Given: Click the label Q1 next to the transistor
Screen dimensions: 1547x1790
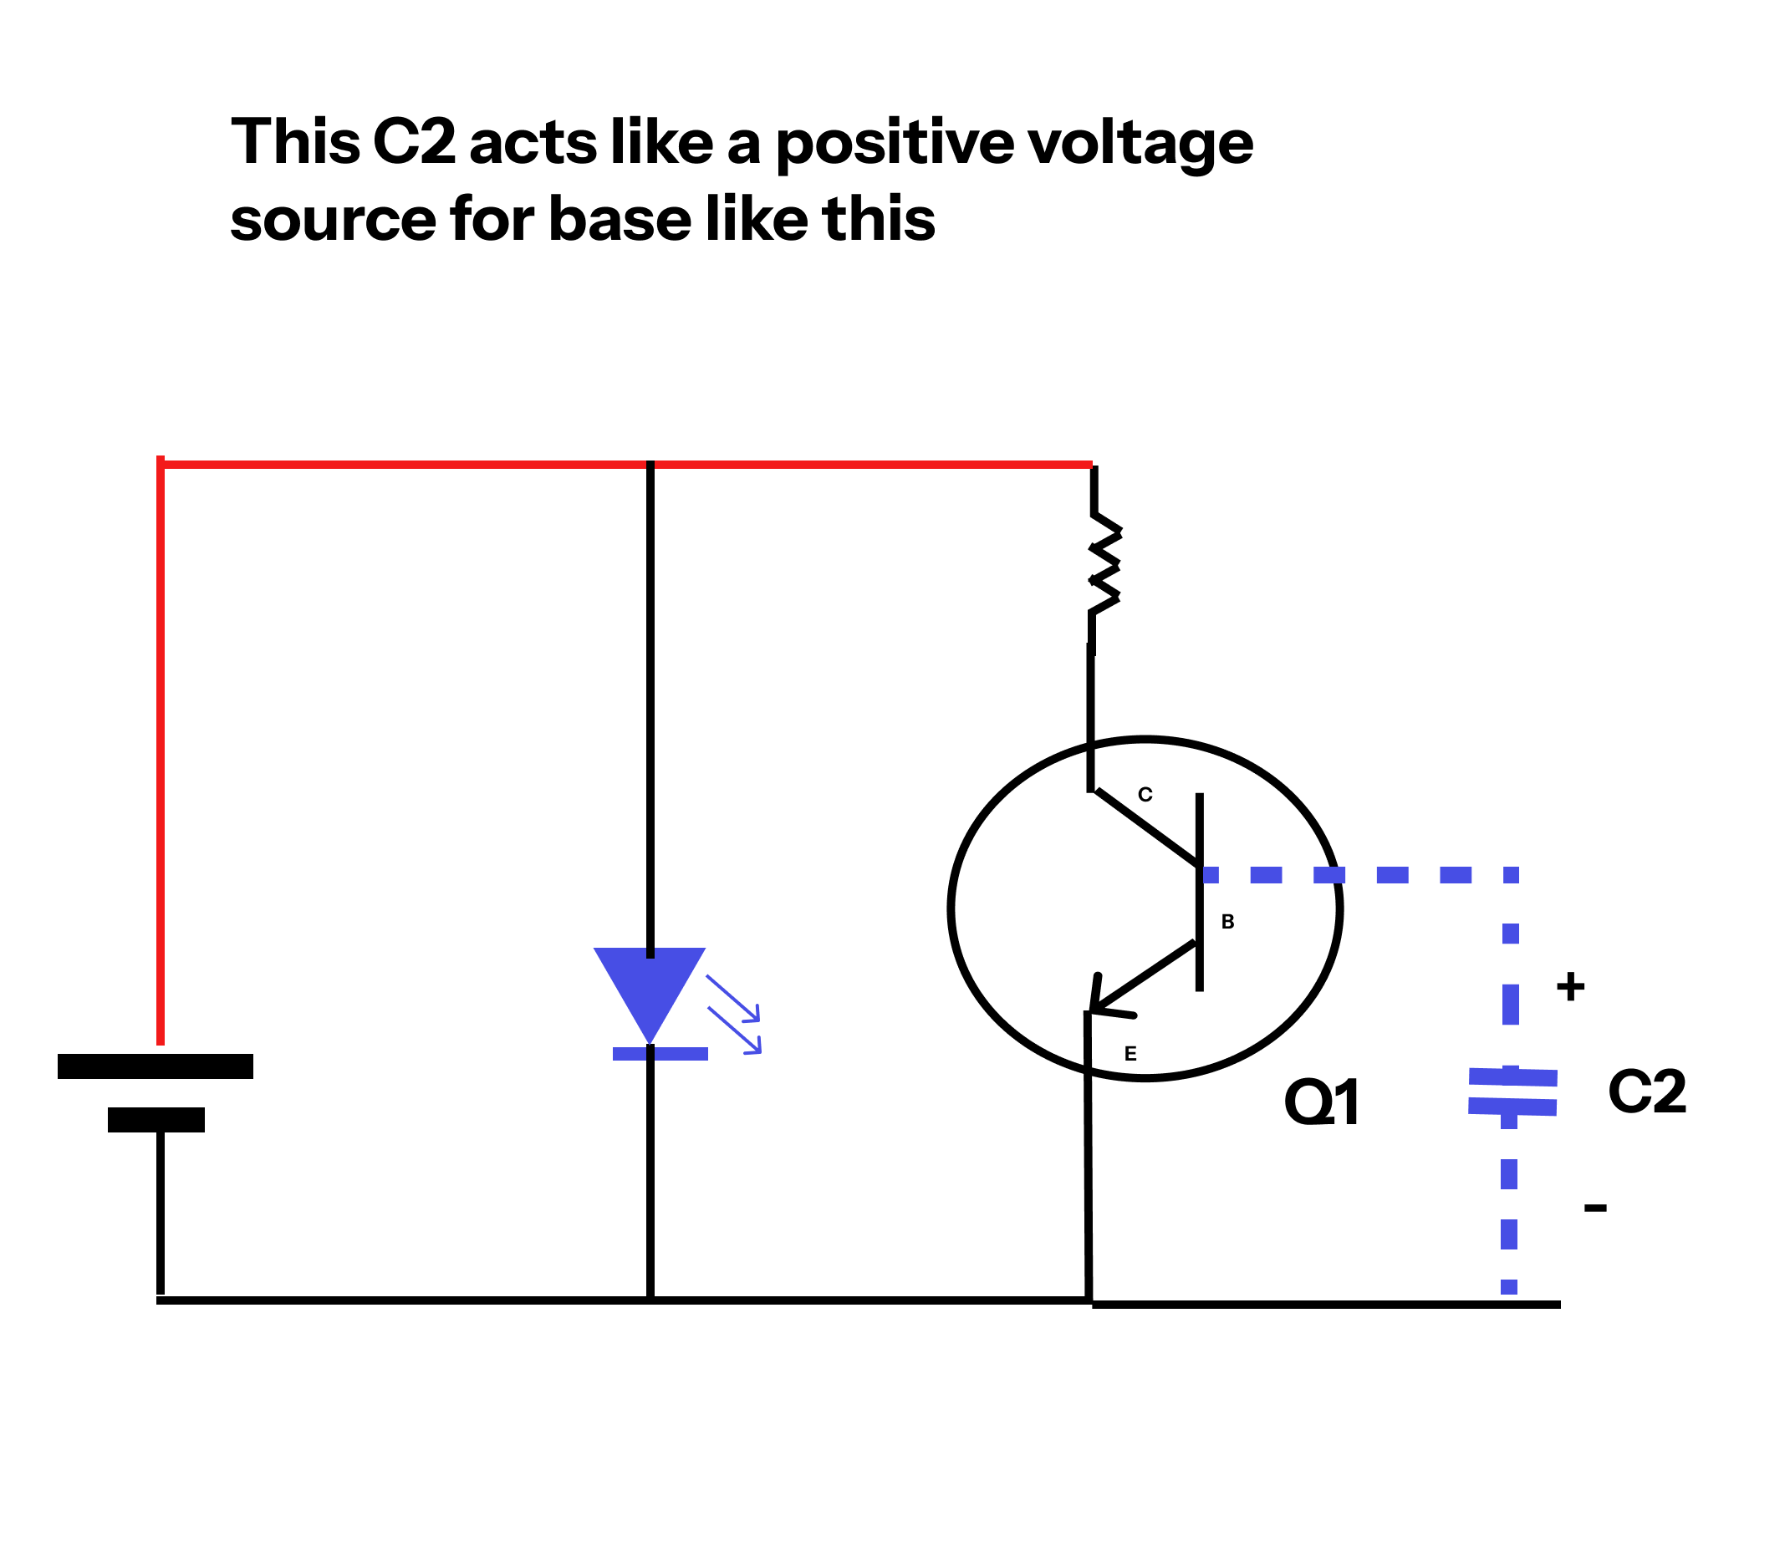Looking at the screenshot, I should click(1322, 1103).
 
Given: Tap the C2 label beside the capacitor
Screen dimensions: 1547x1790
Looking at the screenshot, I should click(1646, 1091).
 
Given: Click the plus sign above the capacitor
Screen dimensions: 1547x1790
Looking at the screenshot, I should click(1570, 986).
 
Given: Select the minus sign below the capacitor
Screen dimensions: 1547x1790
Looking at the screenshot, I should click(1594, 1208).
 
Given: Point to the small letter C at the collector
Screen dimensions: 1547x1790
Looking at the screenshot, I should click(1145, 795).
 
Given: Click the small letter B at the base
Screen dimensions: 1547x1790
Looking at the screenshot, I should click(1227, 922).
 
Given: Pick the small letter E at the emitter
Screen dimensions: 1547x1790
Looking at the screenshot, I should click(1130, 1054).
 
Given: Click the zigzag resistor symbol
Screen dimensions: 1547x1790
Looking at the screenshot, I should click(1104, 566).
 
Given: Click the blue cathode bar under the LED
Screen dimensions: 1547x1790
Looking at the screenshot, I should click(660, 1054).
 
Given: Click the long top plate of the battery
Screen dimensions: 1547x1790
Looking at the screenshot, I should click(156, 1066).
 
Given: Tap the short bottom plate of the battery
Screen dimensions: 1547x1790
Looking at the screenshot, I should click(156, 1119).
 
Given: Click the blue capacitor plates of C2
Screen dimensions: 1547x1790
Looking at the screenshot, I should click(1512, 1092).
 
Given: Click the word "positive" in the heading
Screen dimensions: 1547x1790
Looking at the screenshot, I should click(894, 143).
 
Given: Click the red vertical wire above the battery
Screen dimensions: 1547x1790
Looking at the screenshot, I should click(161, 751).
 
